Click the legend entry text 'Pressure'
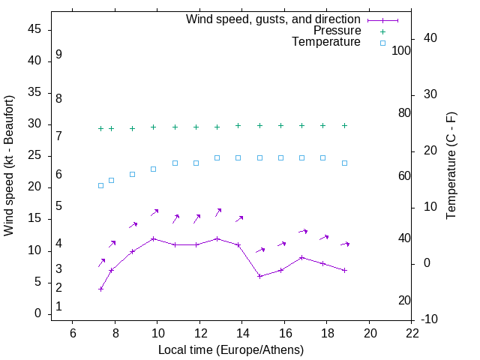pos(337,31)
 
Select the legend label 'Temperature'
pos(326,42)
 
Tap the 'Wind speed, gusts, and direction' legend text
pos(273,19)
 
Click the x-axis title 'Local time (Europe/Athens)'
pos(231,349)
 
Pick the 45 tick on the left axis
pos(34,29)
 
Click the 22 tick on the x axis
pos(412,333)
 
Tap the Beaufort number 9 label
pos(58,55)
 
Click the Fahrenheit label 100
pos(401,50)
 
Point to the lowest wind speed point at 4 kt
pos(100,289)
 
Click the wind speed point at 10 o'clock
pos(154,238)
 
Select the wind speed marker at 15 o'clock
pos(259,276)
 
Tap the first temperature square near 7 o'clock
pos(100,185)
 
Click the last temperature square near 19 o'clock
pos(344,163)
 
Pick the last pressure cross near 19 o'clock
pos(344,125)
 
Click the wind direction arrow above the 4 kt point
pos(102,262)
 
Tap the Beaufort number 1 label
pos(58,307)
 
